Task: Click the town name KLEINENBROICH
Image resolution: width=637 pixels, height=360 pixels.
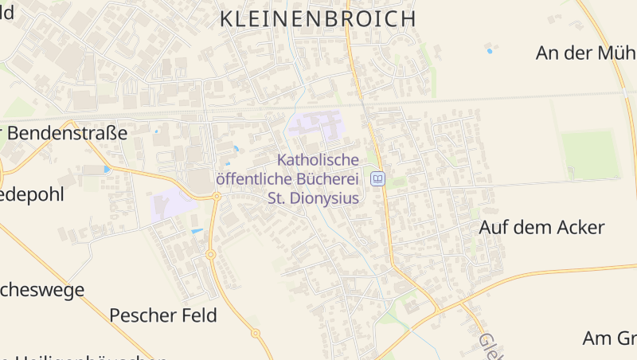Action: tap(317, 19)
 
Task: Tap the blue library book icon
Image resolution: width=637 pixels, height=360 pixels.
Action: tap(378, 178)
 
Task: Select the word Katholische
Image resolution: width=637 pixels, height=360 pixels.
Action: tap(318, 159)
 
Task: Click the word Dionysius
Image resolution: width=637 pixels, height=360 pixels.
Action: tap(323, 198)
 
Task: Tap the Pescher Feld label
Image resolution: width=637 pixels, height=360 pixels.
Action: tap(162, 315)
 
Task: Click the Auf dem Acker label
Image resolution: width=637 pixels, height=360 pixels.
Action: tap(541, 227)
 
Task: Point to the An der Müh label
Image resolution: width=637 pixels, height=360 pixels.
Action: tap(585, 53)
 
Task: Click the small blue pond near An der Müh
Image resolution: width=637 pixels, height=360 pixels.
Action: tap(490, 51)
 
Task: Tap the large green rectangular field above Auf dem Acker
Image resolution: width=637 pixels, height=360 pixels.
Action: tap(590, 155)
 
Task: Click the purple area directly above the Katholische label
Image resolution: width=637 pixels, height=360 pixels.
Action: tap(317, 126)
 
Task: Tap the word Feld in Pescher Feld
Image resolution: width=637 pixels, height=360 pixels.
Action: tap(199, 315)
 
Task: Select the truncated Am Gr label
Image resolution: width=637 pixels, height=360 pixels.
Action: tap(609, 338)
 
